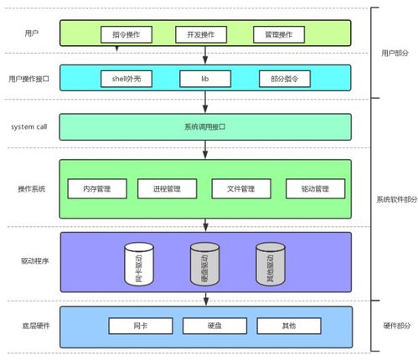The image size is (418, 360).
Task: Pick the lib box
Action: click(204, 79)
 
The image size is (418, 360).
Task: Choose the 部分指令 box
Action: click(283, 79)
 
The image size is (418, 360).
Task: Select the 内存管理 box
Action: click(96, 188)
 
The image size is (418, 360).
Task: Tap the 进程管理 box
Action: click(167, 188)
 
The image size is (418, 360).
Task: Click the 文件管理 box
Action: click(240, 188)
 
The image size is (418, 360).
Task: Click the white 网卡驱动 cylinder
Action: click(139, 263)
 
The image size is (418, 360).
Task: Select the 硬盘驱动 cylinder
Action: click(204, 263)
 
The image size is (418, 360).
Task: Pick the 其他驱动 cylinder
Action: click(270, 263)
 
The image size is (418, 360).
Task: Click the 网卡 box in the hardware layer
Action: click(140, 325)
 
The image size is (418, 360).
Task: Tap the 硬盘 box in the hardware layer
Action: click(214, 325)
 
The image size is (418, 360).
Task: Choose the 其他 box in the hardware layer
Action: click(289, 325)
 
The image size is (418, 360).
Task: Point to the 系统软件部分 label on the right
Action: click(395, 198)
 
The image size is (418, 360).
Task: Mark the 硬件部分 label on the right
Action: click(395, 325)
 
